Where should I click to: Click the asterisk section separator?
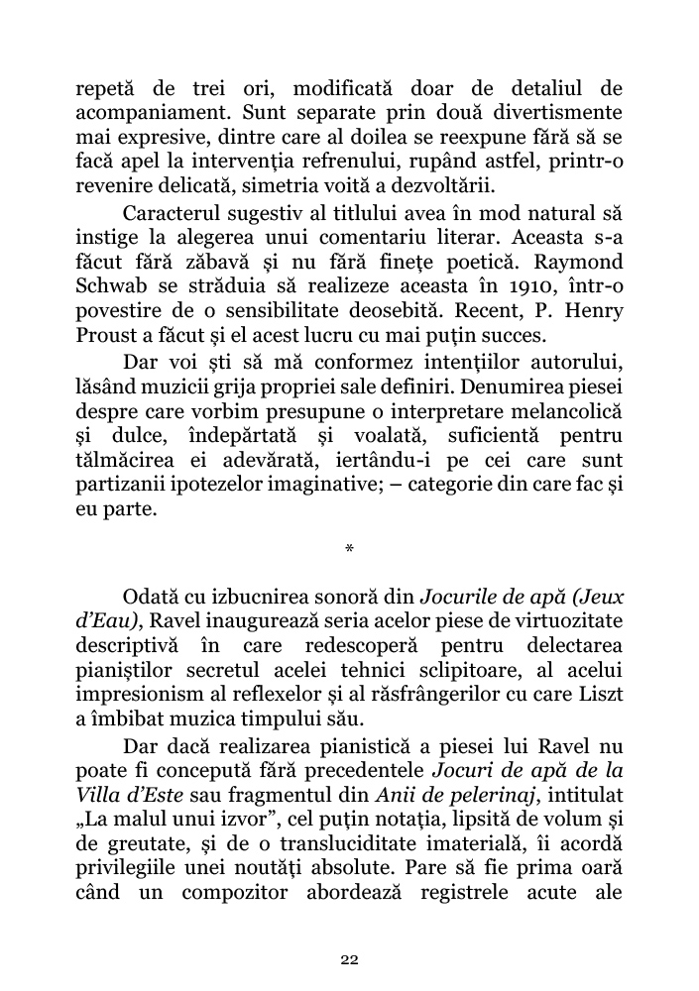tap(348, 548)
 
